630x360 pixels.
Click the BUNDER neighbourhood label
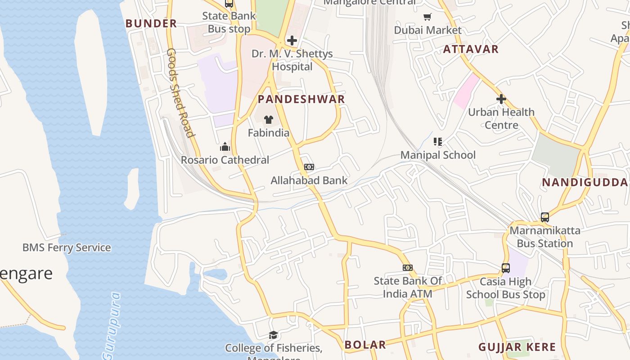(151, 23)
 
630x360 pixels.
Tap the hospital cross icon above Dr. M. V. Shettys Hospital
(292, 40)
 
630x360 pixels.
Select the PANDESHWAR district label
(301, 99)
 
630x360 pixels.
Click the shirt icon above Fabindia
(269, 120)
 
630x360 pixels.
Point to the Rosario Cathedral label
(225, 160)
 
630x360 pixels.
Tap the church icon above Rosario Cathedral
(225, 147)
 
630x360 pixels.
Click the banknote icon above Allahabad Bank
(309, 167)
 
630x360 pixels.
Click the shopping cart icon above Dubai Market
(427, 17)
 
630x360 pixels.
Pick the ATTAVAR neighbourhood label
(471, 49)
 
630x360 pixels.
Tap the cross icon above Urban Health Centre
(501, 99)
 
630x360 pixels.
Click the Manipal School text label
(438, 155)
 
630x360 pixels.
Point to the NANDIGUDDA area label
(585, 182)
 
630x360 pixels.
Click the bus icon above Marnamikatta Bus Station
(544, 217)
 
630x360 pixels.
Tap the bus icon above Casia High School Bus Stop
(505, 268)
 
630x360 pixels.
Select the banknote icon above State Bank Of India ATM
(407, 268)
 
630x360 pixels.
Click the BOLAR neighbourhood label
(365, 345)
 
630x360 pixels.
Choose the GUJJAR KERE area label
(517, 347)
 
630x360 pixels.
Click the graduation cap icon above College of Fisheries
(273, 335)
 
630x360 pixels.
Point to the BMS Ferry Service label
(67, 247)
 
